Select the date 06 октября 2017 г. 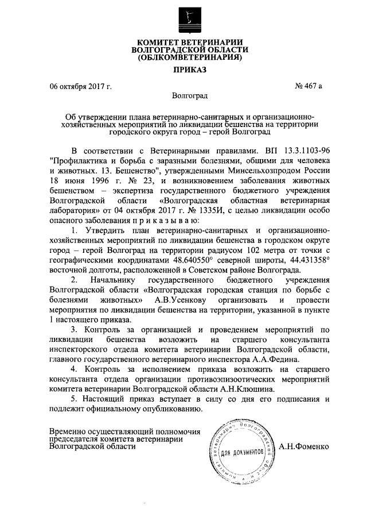(80, 87)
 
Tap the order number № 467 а (308, 87)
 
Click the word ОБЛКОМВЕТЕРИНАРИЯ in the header (187, 57)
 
